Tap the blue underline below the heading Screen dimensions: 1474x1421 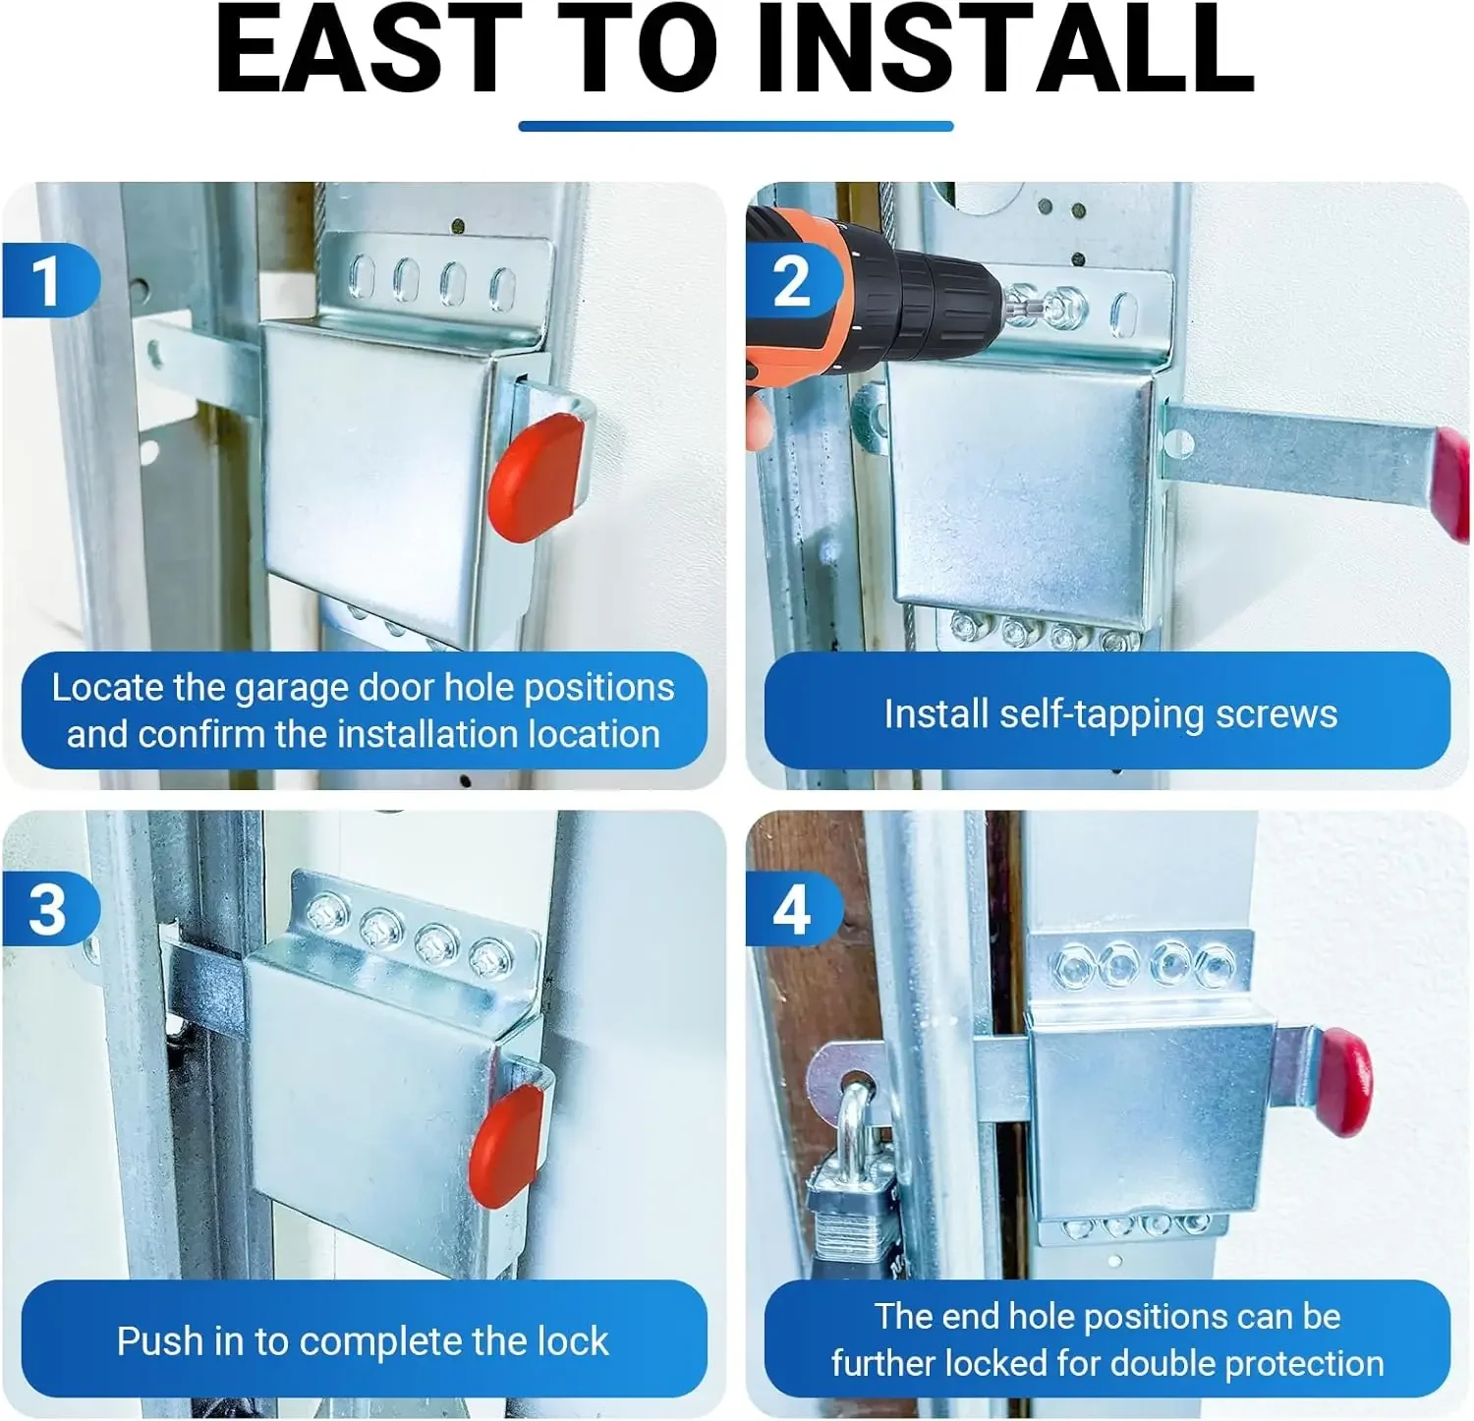coord(736,126)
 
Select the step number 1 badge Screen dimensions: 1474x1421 coord(49,281)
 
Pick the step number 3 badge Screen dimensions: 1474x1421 coord(49,910)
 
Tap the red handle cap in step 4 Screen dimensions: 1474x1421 coord(1345,1082)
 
